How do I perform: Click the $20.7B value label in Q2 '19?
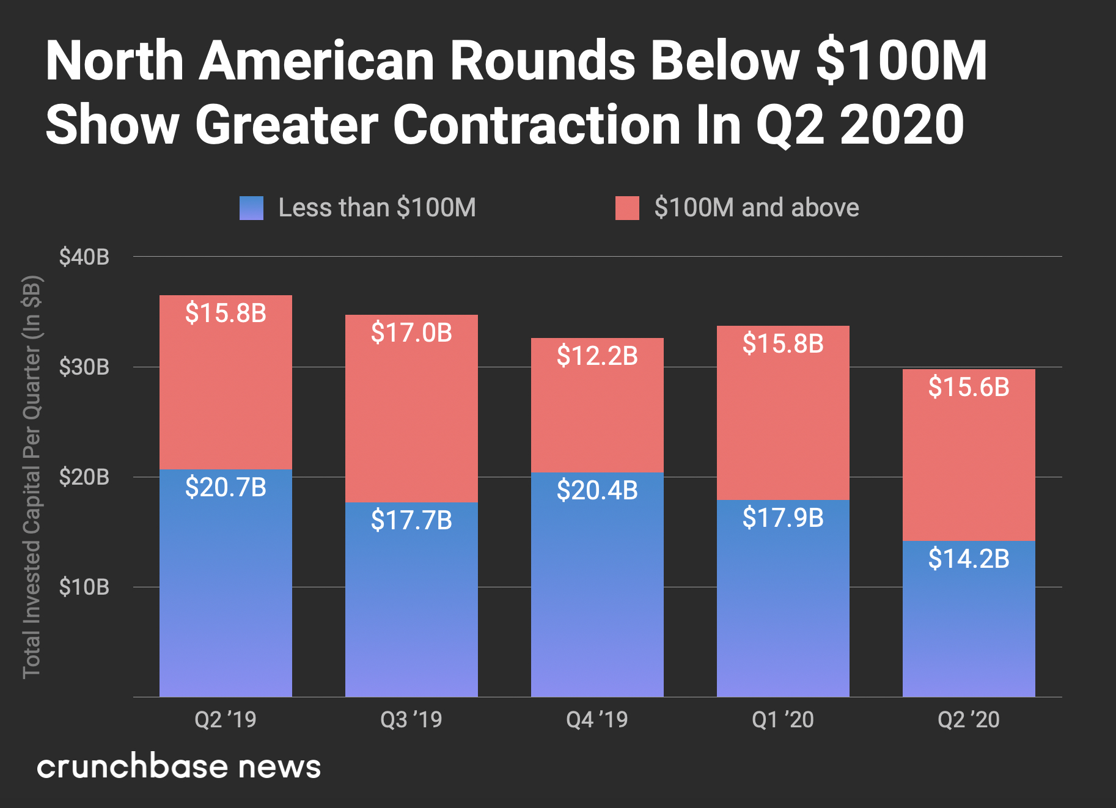click(x=226, y=487)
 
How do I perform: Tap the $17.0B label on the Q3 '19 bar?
click(x=411, y=333)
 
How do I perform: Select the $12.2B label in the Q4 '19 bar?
click(x=597, y=356)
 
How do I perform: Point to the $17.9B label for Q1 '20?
click(x=783, y=518)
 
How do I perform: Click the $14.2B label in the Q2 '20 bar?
click(x=969, y=559)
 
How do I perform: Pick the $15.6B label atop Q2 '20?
click(x=969, y=387)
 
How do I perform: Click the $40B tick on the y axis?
click(x=84, y=257)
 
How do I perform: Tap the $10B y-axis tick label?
click(x=84, y=587)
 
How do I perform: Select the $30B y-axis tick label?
click(x=84, y=367)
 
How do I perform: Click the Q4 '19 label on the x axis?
click(x=597, y=719)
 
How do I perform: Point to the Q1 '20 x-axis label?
click(x=783, y=719)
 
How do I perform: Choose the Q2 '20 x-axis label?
click(x=969, y=719)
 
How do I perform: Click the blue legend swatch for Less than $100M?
click(x=251, y=208)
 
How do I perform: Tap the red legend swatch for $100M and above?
click(x=627, y=208)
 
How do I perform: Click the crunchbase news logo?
click(x=178, y=766)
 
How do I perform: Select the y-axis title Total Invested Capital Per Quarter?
click(x=32, y=477)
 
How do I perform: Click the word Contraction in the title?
click(x=537, y=125)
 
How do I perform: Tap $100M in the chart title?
click(x=901, y=61)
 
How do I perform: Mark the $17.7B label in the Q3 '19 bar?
click(x=411, y=520)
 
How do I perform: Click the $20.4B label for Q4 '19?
click(x=597, y=490)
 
